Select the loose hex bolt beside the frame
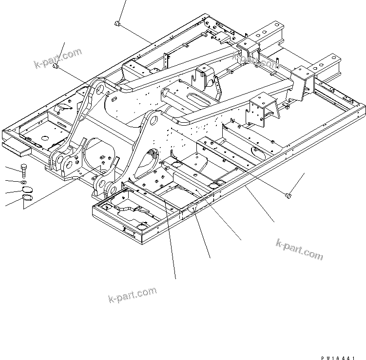click(25, 171)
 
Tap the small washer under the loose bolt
click(24, 182)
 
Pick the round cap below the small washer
click(27, 189)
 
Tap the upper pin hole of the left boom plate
click(99, 88)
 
